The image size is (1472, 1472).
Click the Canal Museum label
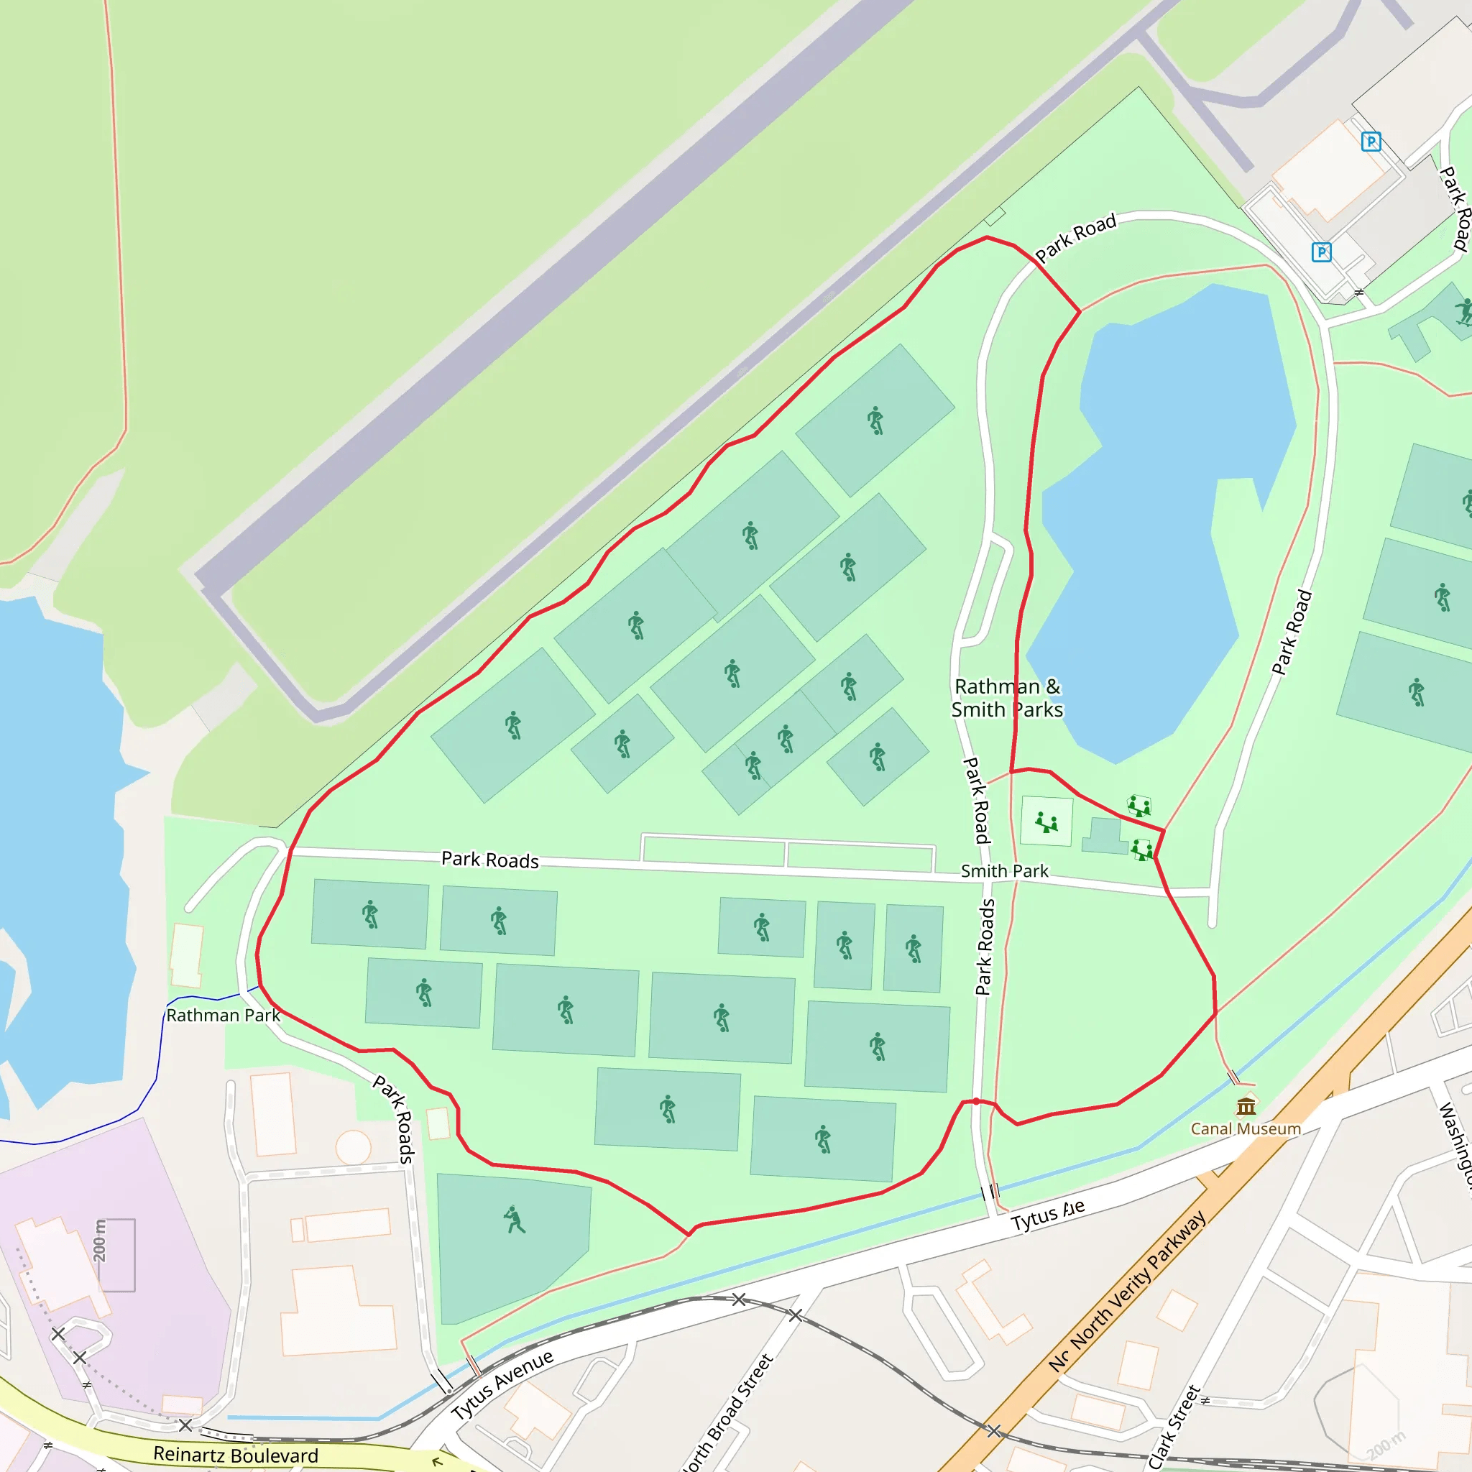(x=1246, y=1128)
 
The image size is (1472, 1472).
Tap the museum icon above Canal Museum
(x=1246, y=1105)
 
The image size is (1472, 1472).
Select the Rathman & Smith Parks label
(x=1006, y=698)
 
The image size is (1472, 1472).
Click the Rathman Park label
(x=224, y=1015)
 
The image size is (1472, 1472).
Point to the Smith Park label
(x=1004, y=871)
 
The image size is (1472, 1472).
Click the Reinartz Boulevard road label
(x=236, y=1455)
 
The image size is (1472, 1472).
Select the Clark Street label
(x=1174, y=1427)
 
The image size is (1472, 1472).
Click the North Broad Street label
(x=727, y=1414)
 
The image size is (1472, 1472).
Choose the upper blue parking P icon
(x=1371, y=141)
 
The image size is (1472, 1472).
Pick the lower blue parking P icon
(x=1321, y=252)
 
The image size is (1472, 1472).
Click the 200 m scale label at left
(x=100, y=1241)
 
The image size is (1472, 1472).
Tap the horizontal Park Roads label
(x=490, y=860)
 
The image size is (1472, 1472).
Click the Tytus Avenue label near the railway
(x=502, y=1385)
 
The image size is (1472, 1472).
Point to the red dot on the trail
(x=976, y=1101)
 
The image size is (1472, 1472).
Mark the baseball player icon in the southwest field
(x=515, y=1219)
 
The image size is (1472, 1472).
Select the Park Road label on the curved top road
(x=1075, y=237)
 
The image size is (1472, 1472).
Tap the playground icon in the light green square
(x=1046, y=822)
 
